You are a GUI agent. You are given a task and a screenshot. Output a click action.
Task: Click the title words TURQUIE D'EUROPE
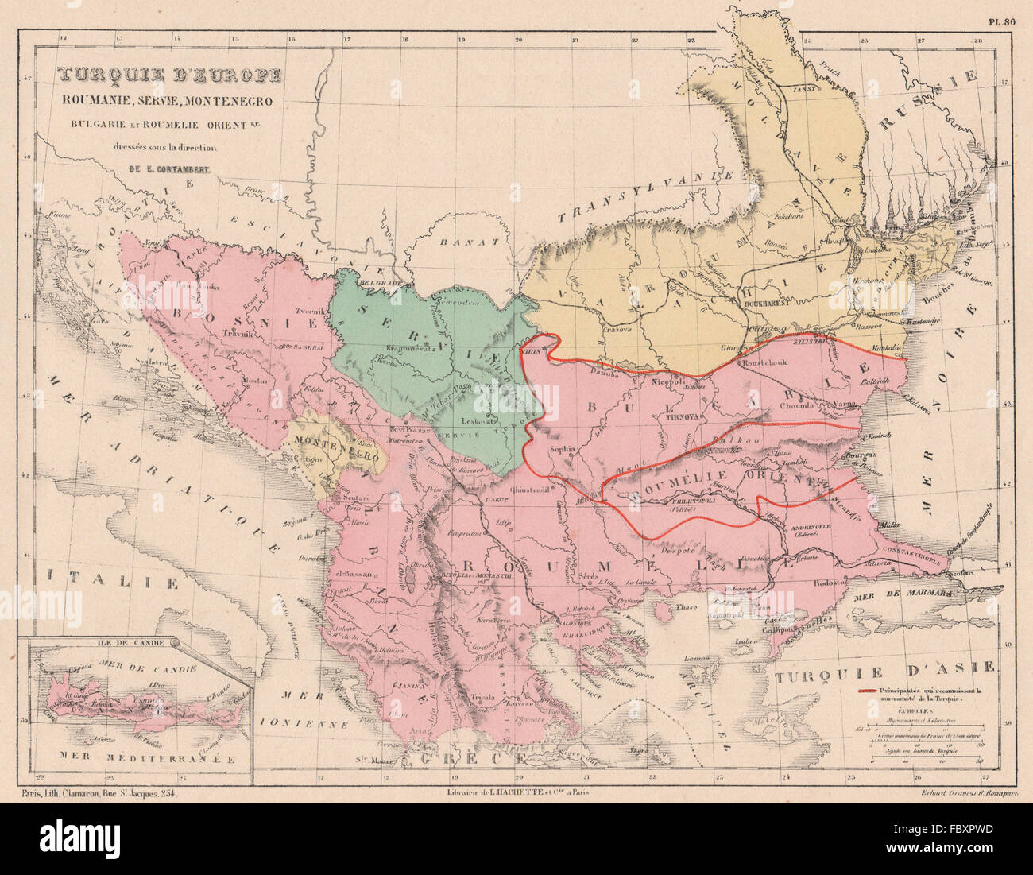click(x=168, y=77)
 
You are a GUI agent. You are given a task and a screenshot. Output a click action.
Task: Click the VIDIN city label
click(x=531, y=350)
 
